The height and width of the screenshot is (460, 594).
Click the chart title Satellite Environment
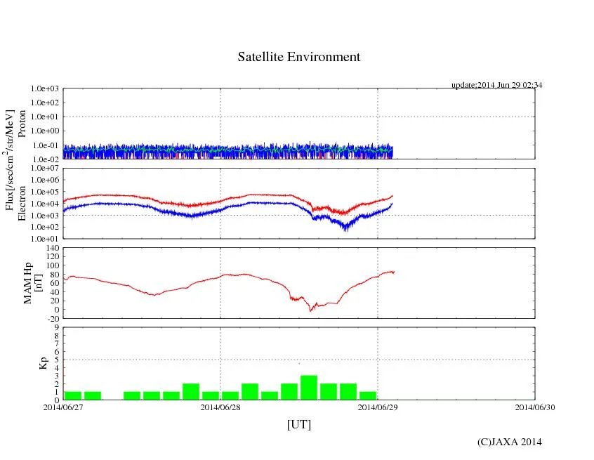pyautogui.click(x=298, y=57)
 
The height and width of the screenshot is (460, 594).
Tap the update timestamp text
pyautogui.click(x=496, y=85)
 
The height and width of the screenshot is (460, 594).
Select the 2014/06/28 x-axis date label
pyautogui.click(x=220, y=407)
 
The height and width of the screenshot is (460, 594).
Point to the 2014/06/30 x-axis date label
pyautogui.click(x=535, y=407)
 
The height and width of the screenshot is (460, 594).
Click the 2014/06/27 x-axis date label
pyautogui.click(x=63, y=407)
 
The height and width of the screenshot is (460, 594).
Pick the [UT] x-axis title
pyautogui.click(x=298, y=424)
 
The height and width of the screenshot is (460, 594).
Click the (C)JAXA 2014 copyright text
pyautogui.click(x=510, y=442)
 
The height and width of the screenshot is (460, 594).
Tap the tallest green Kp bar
pyautogui.click(x=309, y=388)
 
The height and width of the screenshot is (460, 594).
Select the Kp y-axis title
pyautogui.click(x=44, y=364)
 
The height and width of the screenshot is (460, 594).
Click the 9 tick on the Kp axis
pyautogui.click(x=56, y=327)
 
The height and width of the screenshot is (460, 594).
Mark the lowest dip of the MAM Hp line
pyautogui.click(x=310, y=310)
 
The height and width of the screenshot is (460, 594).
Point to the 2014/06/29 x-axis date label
pyautogui.click(x=378, y=407)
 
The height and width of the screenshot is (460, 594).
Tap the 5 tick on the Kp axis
pyautogui.click(x=56, y=360)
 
